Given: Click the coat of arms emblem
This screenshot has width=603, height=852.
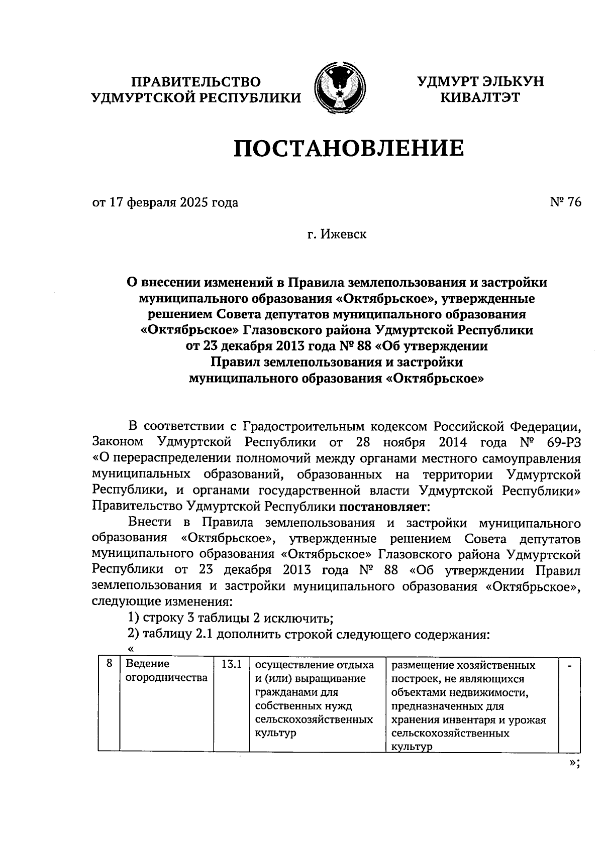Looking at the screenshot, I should (x=339, y=88).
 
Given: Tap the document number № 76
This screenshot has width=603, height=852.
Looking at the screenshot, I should (x=566, y=202).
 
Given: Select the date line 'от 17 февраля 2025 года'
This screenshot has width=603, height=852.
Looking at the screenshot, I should (x=165, y=203).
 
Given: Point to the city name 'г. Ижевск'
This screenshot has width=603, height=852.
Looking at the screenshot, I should (x=337, y=234).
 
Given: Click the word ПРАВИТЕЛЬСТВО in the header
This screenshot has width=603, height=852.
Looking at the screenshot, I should (x=196, y=82).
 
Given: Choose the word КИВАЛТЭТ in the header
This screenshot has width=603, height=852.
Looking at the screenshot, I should (x=480, y=97).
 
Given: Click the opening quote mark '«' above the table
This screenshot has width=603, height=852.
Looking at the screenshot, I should (x=131, y=649).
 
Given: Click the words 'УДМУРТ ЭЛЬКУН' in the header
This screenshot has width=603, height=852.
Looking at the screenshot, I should (x=480, y=82).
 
